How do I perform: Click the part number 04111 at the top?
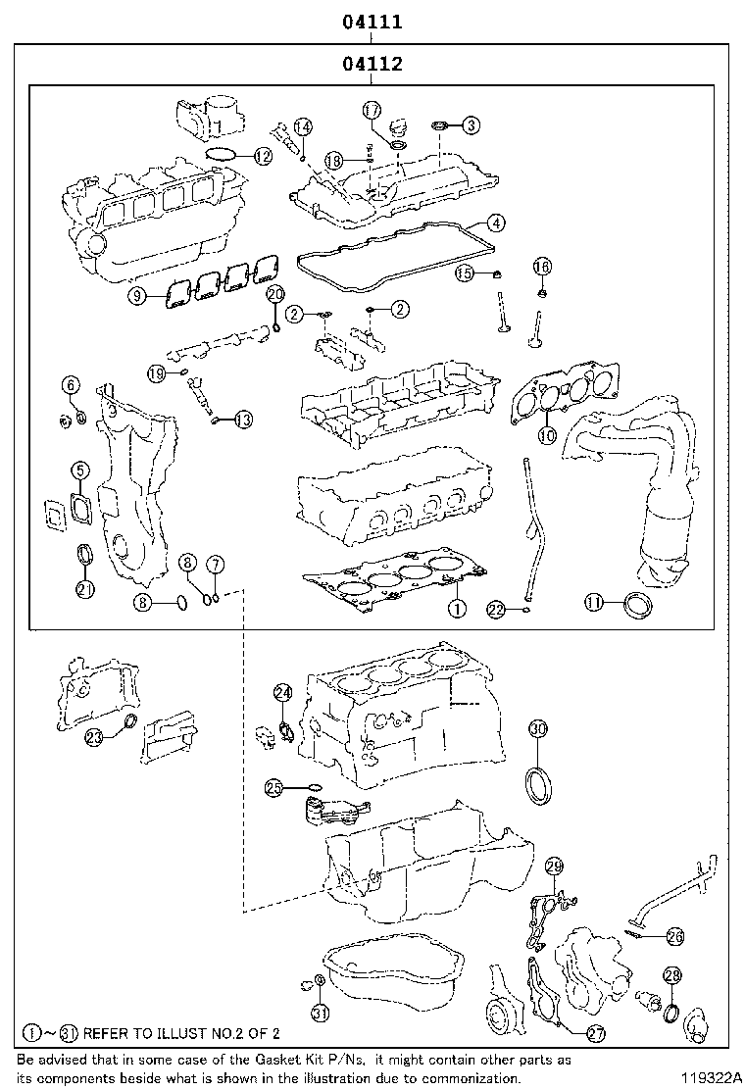[x=372, y=22]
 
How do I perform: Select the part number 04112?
[x=372, y=66]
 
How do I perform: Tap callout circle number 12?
[x=263, y=155]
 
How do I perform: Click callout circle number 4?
[x=497, y=223]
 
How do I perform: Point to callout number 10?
[x=547, y=435]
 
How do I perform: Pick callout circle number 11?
[x=594, y=604]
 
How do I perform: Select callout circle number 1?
[x=456, y=609]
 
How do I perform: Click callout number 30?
[x=538, y=728]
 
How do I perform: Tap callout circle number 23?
[x=94, y=737]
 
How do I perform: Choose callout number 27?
[x=595, y=1033]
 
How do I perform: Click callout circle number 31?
[x=321, y=1013]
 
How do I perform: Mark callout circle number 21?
[x=85, y=589]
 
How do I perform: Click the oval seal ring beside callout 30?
[x=539, y=785]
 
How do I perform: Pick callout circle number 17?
[x=372, y=110]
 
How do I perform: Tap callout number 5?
[x=79, y=471]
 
